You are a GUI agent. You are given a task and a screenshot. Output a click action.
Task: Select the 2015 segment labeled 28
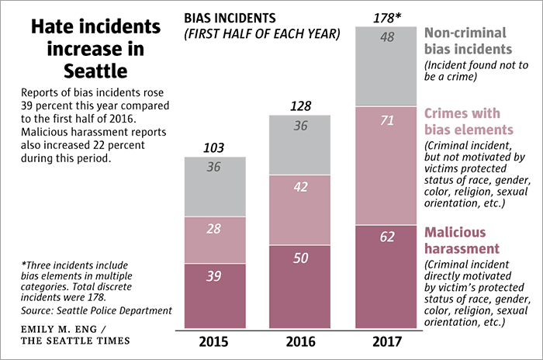click(x=215, y=240)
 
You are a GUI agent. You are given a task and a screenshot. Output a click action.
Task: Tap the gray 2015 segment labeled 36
click(x=215, y=186)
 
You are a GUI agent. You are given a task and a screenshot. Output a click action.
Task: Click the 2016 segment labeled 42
click(x=299, y=209)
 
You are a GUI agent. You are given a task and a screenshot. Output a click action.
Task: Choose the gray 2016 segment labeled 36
click(x=299, y=144)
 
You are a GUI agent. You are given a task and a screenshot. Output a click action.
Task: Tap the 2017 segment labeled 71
click(x=386, y=165)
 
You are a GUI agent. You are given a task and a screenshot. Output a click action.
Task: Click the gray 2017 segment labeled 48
click(x=386, y=66)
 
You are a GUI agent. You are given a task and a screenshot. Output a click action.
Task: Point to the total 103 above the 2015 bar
click(x=215, y=147)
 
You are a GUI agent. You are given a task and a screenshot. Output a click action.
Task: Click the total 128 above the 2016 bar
click(x=299, y=105)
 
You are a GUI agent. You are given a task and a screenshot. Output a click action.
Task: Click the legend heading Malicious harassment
click(x=462, y=241)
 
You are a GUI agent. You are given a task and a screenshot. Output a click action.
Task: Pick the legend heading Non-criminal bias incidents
click(x=476, y=41)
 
